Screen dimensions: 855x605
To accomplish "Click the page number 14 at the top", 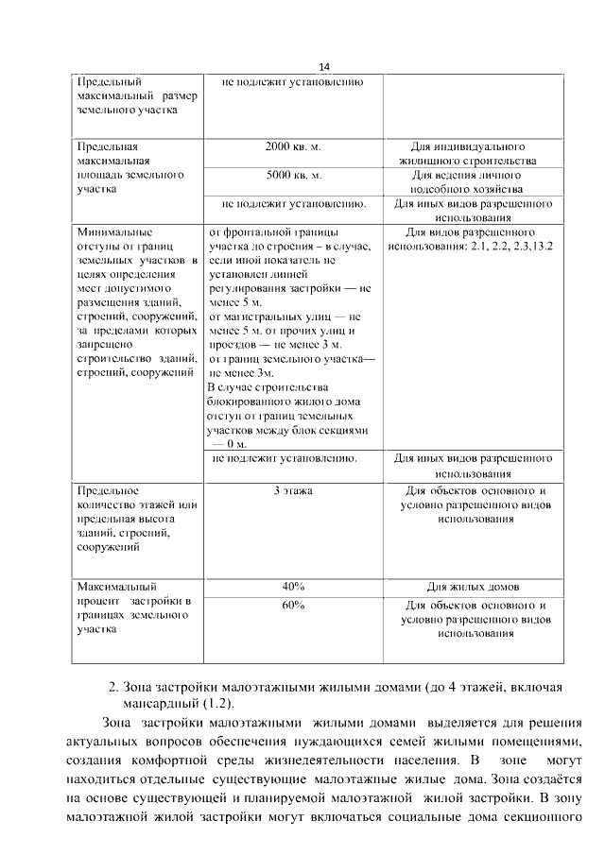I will pos(324,67).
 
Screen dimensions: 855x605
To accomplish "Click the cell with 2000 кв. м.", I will pos(293,147).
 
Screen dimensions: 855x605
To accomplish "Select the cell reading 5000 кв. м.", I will pos(293,176).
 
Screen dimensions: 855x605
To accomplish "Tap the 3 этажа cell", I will pos(293,491).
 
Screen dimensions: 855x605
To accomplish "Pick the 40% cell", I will pos(293,585).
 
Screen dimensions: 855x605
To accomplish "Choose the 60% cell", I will pos(293,605).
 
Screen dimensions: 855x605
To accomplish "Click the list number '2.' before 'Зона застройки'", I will pos(113,687).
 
